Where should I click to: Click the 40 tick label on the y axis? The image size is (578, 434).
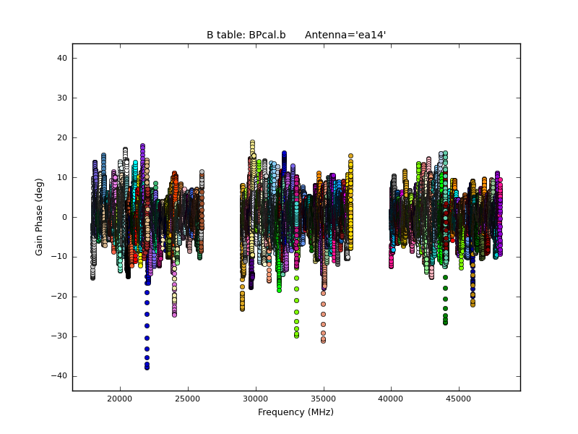point(62,58)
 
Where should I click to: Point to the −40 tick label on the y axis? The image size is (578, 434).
point(60,376)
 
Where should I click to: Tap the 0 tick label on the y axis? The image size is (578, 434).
point(65,217)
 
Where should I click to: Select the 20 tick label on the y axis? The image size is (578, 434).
point(62,137)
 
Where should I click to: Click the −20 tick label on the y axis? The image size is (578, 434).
point(60,297)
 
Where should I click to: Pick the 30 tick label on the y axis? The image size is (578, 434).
point(62,98)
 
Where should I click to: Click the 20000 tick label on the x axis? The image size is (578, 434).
point(119,399)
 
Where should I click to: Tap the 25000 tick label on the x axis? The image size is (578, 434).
point(187,399)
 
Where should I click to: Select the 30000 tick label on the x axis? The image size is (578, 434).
point(255,399)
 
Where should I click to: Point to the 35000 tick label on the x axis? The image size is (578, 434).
point(323,399)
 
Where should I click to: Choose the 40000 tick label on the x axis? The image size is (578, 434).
point(391,399)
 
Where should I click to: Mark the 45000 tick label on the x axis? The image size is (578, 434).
point(459,399)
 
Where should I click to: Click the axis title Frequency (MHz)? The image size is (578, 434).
point(296,412)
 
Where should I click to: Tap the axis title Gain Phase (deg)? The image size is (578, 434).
point(40,217)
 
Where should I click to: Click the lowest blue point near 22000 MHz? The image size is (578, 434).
point(147,367)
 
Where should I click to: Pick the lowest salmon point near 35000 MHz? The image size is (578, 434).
point(323,341)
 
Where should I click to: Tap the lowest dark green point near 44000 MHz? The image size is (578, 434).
point(445,323)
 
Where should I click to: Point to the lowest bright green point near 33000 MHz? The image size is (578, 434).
point(296,336)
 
